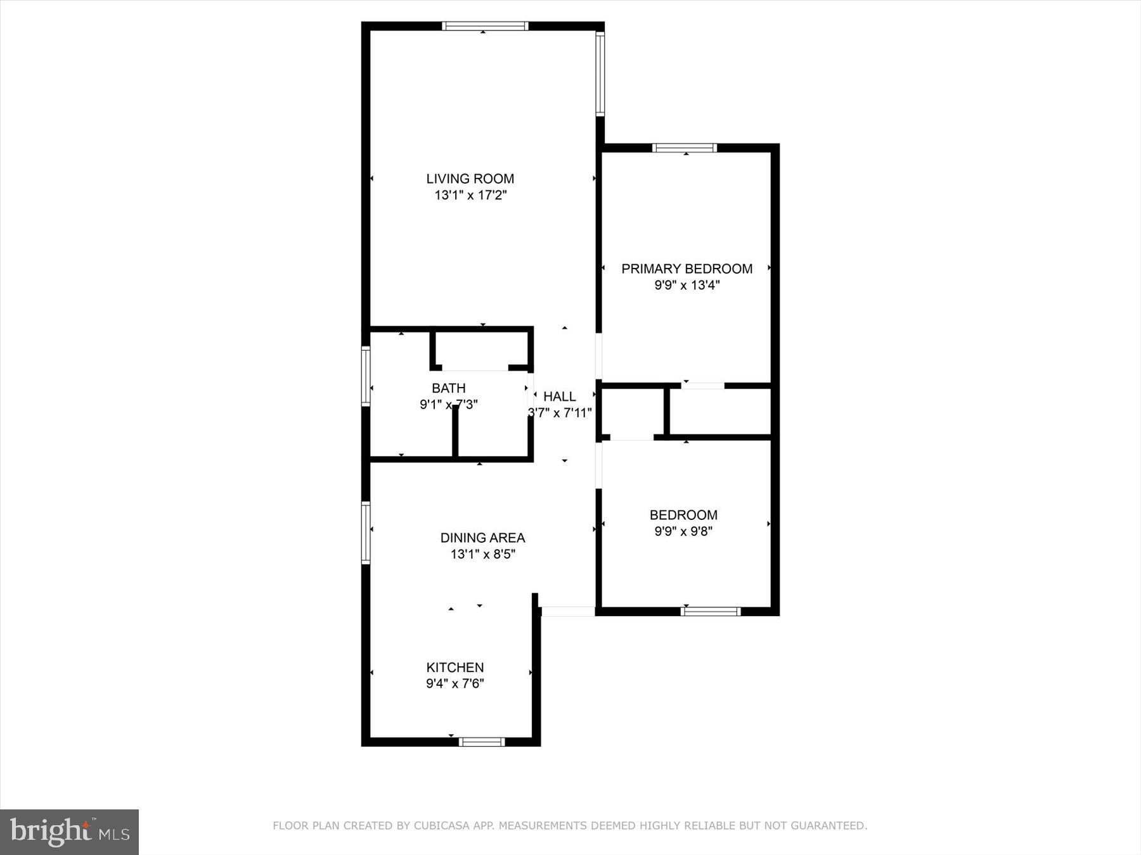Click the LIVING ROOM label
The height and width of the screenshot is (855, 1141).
point(470,179)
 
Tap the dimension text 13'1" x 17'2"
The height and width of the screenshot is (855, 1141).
point(470,195)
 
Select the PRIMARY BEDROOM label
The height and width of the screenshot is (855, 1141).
point(687,269)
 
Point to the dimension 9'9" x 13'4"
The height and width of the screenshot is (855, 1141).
point(687,285)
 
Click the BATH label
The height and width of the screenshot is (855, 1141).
point(449,388)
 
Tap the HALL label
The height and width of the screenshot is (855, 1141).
point(560,396)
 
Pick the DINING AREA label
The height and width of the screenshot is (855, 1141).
point(482,538)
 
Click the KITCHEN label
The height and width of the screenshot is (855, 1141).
point(454,668)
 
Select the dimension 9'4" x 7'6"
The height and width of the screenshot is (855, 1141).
point(454,683)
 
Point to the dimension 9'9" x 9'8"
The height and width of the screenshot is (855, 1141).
point(683,531)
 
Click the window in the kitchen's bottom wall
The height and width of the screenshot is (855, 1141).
point(482,742)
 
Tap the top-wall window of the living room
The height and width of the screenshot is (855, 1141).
point(485,26)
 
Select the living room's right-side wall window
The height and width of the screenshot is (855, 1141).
point(600,73)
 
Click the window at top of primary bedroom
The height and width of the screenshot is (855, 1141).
point(685,148)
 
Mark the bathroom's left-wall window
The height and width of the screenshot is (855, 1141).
point(366,376)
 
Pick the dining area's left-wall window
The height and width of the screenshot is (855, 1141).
point(366,532)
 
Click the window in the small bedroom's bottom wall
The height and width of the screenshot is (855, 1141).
point(711,611)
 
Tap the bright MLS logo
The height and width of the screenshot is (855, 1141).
point(69,832)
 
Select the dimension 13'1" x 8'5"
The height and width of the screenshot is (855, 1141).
point(482,554)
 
